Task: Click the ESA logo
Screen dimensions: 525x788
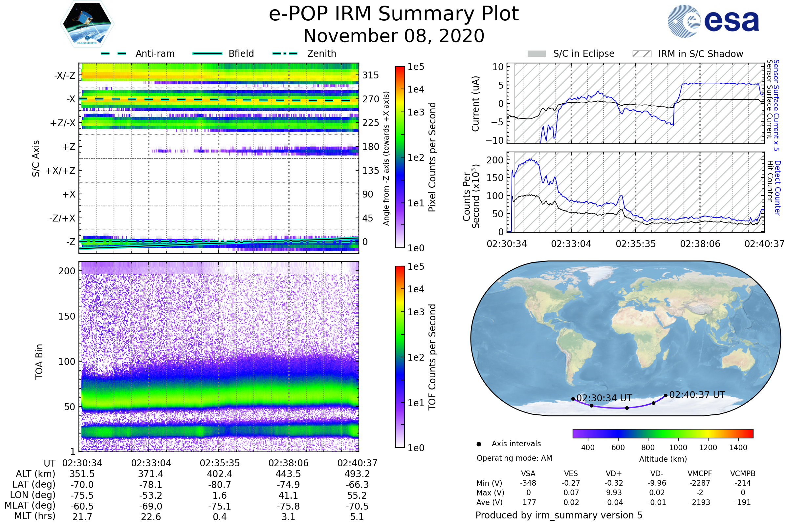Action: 713,21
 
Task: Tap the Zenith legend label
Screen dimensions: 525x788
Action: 321,53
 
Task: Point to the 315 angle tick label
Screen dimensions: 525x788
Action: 371,75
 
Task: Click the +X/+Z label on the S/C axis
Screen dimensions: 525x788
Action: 60,171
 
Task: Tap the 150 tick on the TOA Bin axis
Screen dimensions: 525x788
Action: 67,316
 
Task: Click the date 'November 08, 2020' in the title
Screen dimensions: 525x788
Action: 394,36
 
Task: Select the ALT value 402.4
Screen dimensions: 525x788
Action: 219,474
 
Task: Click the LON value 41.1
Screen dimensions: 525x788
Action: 288,495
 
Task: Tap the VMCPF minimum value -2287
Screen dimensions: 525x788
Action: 700,483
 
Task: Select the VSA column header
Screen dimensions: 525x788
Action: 528,474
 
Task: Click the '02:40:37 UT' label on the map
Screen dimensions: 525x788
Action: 697,395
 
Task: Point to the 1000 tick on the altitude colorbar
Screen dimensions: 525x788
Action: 678,448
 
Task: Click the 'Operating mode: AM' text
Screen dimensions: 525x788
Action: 514,458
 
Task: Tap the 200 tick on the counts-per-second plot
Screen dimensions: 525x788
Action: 495,160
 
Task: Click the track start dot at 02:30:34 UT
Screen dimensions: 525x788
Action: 573,399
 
